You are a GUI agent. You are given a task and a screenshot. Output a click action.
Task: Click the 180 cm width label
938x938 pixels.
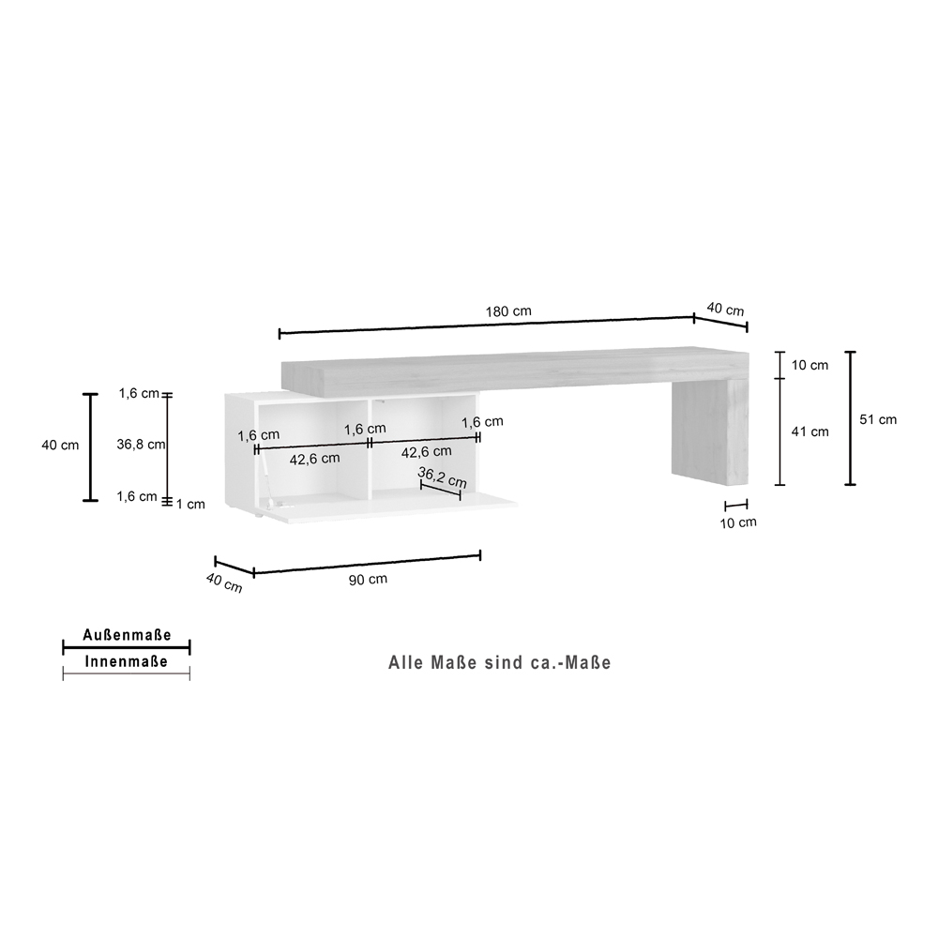[x=507, y=311]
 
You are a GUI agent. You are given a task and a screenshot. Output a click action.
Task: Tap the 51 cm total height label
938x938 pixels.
[x=878, y=420]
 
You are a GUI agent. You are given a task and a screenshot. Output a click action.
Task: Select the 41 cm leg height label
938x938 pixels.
[x=810, y=431]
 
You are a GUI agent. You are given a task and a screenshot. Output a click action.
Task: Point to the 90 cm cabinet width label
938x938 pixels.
[x=368, y=579]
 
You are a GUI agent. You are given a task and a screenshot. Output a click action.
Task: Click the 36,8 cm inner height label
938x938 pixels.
[x=141, y=445]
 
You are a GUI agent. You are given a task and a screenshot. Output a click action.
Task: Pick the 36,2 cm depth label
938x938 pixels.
[x=442, y=477]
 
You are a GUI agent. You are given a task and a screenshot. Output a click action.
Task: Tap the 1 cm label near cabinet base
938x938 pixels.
[x=190, y=505]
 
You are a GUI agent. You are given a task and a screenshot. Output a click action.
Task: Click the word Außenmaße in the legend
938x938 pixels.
[x=127, y=635]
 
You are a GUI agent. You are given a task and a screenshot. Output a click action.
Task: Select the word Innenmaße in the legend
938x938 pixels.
[x=127, y=661]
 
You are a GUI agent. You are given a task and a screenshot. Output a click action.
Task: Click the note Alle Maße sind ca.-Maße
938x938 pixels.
[x=500, y=663]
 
